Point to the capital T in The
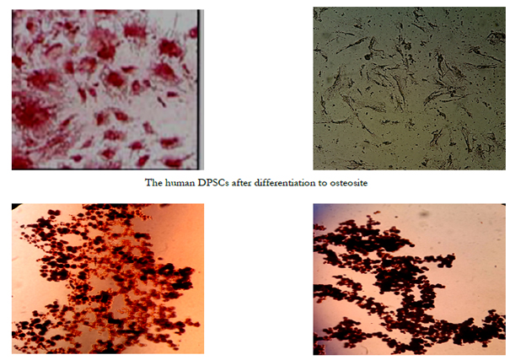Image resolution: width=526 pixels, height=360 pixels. point(148,183)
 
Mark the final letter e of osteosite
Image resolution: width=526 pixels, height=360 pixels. point(365,184)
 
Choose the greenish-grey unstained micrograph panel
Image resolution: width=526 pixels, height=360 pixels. point(410,89)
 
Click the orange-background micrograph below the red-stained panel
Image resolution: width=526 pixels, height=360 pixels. point(108,278)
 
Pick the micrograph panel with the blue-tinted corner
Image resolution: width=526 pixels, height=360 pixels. point(410,279)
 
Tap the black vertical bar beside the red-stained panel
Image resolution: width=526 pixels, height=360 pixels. point(201,89)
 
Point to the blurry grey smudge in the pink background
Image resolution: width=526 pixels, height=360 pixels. point(424,212)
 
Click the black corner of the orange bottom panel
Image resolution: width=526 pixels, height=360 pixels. point(16,206)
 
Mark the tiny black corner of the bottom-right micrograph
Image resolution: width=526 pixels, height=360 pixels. point(503,204)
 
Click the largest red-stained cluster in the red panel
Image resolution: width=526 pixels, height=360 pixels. point(32,112)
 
